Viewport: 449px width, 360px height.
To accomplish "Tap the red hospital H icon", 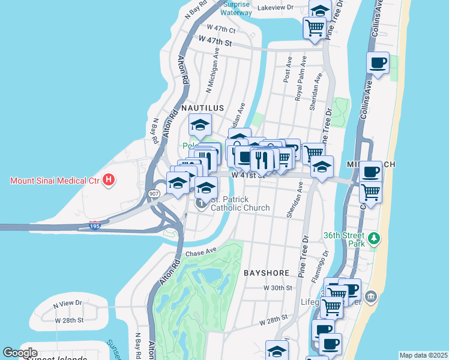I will point(109,179).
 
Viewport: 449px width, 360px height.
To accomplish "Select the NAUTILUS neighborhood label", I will point(202,107).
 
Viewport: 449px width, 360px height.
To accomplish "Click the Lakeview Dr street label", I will point(275,8).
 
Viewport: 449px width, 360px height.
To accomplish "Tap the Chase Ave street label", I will point(200,253).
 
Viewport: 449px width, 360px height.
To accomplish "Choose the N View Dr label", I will point(67,304).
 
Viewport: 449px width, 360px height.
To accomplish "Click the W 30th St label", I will point(277,288).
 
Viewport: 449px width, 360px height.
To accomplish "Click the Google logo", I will point(20,353).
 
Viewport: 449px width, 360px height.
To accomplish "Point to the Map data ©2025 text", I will point(423,355).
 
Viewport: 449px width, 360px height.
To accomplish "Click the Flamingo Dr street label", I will point(323,266).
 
